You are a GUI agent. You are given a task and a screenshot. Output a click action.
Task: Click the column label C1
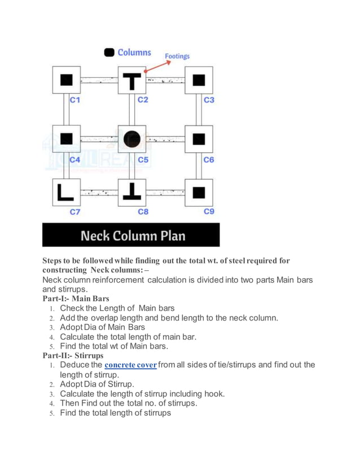click(x=75, y=100)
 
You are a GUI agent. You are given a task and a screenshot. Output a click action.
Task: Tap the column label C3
click(x=209, y=100)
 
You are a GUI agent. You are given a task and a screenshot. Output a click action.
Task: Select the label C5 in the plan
click(x=143, y=160)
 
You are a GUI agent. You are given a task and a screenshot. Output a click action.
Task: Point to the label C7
click(x=75, y=212)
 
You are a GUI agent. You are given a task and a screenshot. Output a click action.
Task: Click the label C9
click(x=209, y=212)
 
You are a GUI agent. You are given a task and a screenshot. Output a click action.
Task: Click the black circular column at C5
click(x=132, y=138)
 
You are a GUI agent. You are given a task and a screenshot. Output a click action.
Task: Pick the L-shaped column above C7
click(x=65, y=192)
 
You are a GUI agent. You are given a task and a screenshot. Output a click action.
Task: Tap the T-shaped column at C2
click(x=132, y=80)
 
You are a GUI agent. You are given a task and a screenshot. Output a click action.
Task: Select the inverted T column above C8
click(x=132, y=192)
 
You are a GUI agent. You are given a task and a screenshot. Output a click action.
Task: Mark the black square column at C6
click(x=198, y=138)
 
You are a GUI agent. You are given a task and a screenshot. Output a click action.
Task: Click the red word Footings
click(x=177, y=56)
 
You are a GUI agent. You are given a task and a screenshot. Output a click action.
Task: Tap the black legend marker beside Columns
click(x=109, y=52)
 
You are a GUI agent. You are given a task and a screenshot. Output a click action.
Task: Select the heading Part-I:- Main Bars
click(x=76, y=298)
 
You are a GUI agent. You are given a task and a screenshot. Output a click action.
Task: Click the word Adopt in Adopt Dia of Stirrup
click(x=71, y=384)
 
